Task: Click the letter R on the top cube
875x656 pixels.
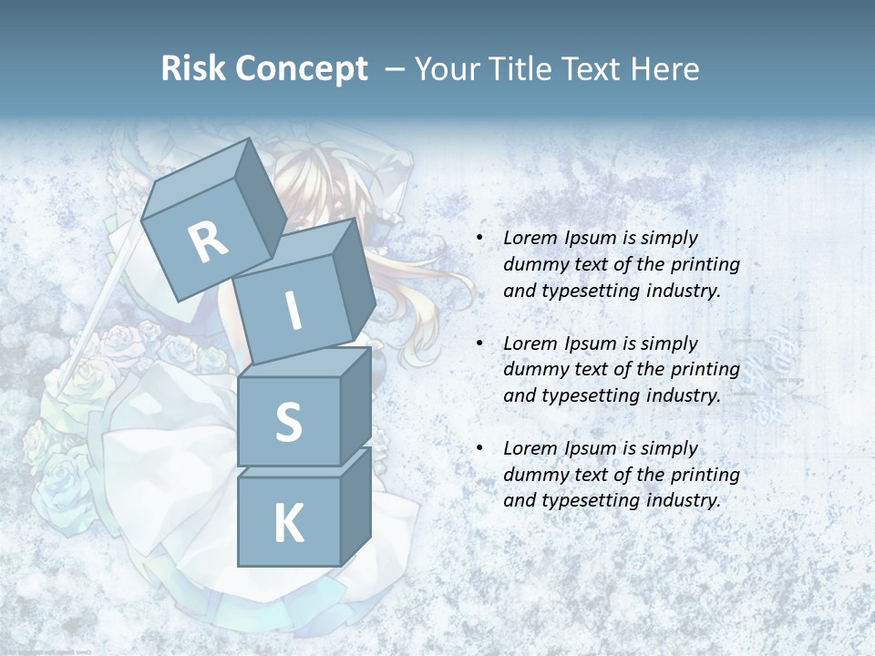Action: click(208, 242)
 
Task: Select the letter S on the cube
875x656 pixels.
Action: click(288, 422)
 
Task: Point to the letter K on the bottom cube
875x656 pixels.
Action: click(288, 524)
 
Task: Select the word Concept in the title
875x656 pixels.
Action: click(301, 69)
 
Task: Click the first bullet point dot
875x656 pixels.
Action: click(479, 239)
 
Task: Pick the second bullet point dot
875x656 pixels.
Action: click(479, 344)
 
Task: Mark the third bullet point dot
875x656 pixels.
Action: click(479, 449)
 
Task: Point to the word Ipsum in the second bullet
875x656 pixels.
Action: click(590, 343)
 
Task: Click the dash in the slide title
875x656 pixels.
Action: click(396, 69)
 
